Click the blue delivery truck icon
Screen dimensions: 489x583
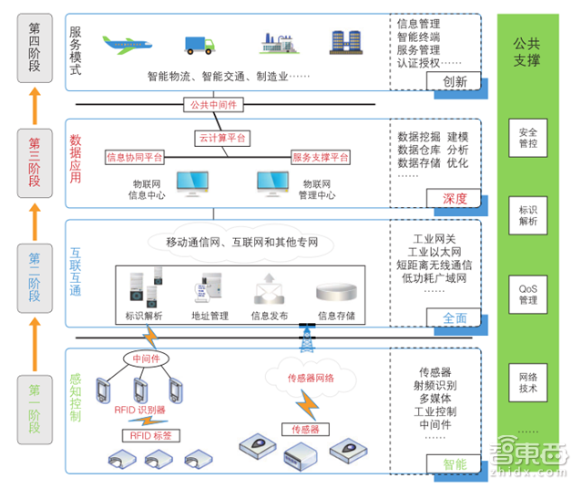pos(203,44)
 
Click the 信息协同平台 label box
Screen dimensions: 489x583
pos(134,158)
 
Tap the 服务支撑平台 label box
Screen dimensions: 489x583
pos(321,158)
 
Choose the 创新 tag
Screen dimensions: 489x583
pos(455,82)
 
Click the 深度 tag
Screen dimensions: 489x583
pos(455,199)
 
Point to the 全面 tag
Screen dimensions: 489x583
pos(455,318)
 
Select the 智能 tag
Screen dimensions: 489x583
pos(455,464)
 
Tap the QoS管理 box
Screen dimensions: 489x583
pos(527,294)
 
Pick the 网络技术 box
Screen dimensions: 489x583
pos(527,381)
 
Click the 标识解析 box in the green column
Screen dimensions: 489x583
pos(527,214)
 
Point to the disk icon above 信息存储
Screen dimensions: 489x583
pos(336,293)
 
